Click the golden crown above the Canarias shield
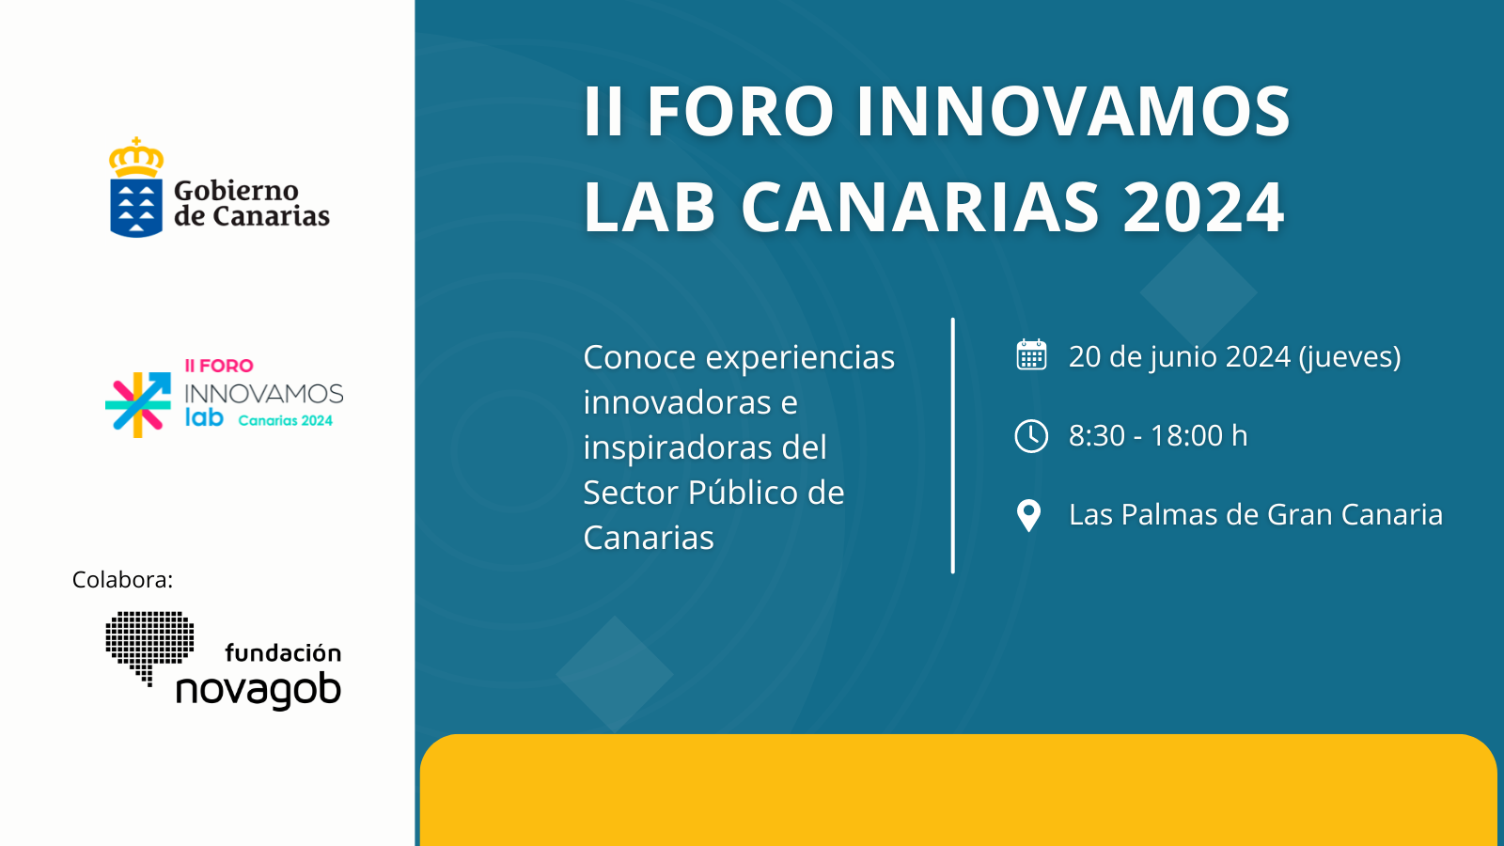136,158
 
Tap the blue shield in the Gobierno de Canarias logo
136,208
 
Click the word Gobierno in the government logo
236,192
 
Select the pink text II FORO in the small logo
219,366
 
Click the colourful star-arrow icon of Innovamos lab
137,404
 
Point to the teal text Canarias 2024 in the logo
286,421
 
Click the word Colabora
122,579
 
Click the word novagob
258,690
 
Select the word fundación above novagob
283,652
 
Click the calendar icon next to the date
1031,354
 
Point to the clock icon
1031,436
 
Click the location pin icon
1028,516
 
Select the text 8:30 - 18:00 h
1158,436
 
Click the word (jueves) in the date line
1350,357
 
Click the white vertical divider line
953,446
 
